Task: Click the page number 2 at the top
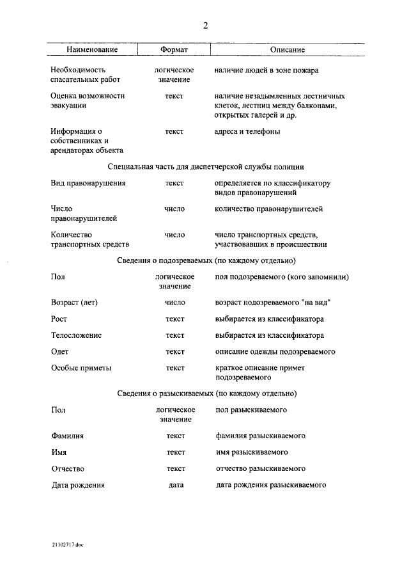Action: pos(205,26)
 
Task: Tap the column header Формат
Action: pos(174,49)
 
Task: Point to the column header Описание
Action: pos(287,49)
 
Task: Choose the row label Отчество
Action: pos(68,468)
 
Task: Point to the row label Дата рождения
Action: pos(78,485)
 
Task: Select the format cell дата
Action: pos(175,485)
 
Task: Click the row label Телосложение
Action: pos(76,335)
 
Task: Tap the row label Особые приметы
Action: pos(81,368)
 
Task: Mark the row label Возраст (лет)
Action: pos(77,302)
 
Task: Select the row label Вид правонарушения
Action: pos(88,183)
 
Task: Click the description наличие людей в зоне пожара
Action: pos(266,70)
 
